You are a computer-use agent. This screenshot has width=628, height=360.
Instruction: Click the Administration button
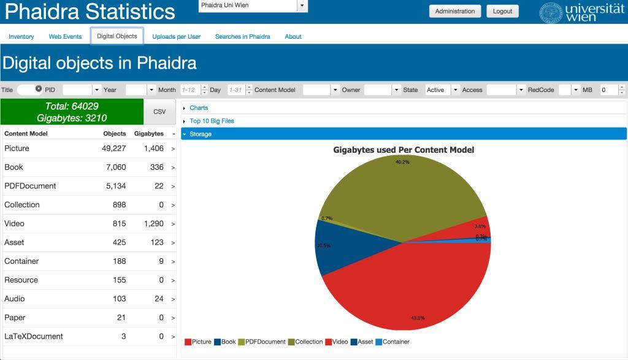pos(454,11)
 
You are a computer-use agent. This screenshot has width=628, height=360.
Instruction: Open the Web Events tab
pos(65,37)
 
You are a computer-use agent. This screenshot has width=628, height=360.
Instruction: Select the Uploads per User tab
pos(176,37)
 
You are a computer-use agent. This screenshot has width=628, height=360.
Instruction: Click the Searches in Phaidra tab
pos(242,37)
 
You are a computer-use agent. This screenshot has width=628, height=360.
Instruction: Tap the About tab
pos(293,37)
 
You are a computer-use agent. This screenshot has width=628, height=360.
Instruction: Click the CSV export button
pos(159,112)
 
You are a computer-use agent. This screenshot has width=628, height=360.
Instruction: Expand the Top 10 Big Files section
pos(212,121)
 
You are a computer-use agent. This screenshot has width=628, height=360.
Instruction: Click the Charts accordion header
pos(199,108)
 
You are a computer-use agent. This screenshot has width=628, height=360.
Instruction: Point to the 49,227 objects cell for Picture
pos(114,148)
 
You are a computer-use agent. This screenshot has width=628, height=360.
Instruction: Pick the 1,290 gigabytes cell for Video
pos(153,224)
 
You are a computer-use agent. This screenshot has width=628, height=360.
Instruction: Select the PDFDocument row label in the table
pos(30,186)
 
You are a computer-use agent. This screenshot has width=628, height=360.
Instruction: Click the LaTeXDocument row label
pos(34,337)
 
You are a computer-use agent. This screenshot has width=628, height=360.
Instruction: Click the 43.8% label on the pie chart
pos(418,318)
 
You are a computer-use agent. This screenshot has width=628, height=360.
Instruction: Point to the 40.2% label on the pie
pos(402,163)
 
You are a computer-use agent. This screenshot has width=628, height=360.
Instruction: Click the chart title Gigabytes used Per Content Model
pos(404,150)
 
